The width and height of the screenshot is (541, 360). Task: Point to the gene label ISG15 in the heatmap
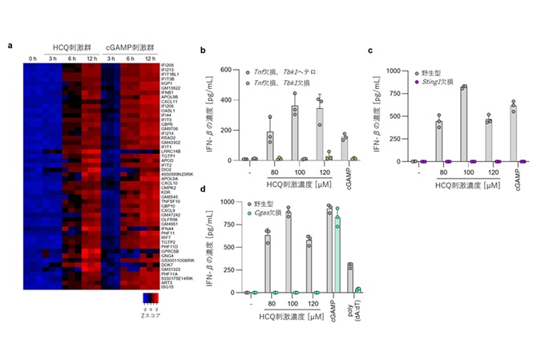tap(167, 286)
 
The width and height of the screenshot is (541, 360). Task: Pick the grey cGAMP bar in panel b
tap(345, 148)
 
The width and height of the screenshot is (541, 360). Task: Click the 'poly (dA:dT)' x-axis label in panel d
tap(352, 311)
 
